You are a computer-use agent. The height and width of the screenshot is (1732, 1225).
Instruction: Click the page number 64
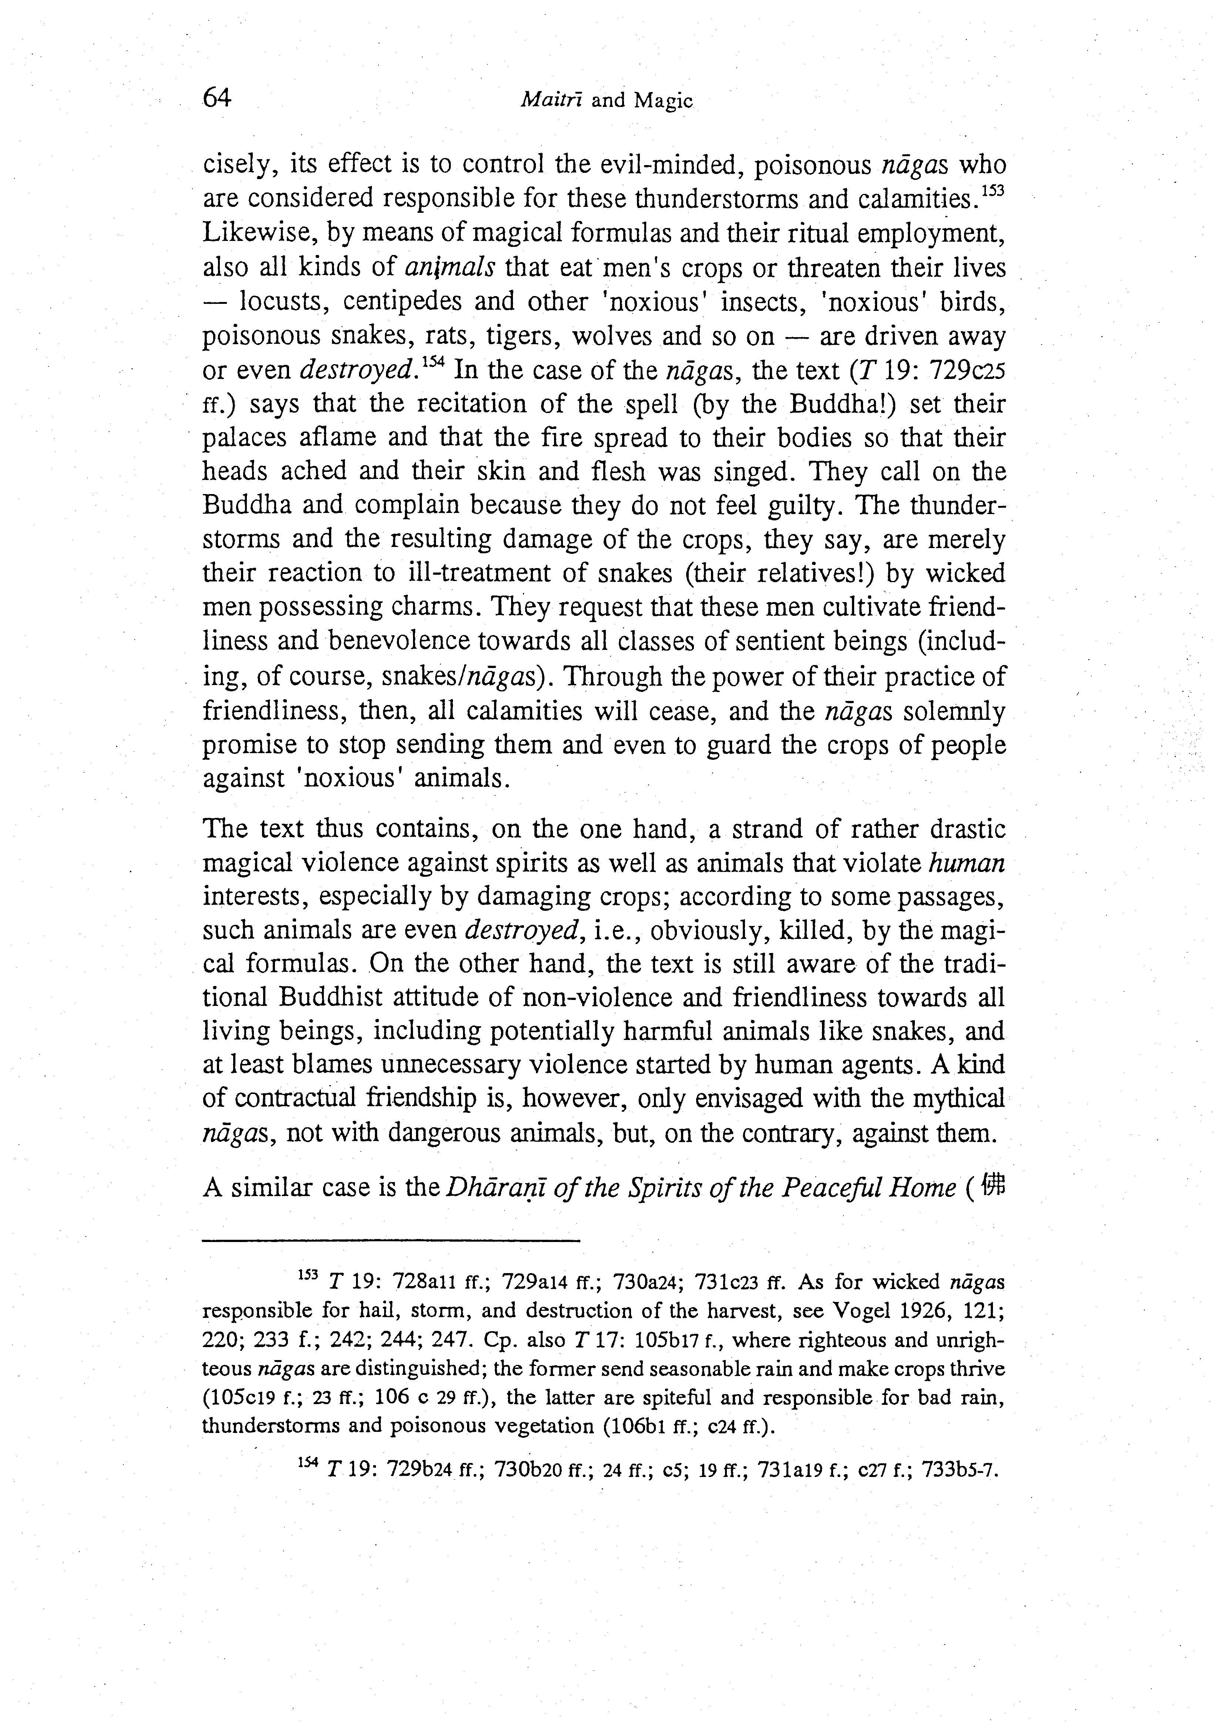217,98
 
